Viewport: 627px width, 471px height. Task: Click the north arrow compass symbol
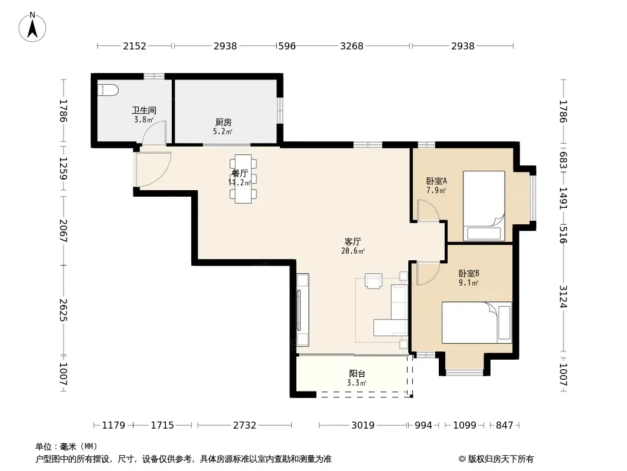tap(32, 27)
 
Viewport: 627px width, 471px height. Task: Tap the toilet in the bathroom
tap(108, 90)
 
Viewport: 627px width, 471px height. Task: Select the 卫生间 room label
tap(144, 110)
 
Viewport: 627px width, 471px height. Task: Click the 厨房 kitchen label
tap(223, 122)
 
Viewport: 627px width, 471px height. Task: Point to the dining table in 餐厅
tap(243, 179)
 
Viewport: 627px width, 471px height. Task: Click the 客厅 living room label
tap(353, 242)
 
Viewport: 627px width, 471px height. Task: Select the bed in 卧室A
tap(484, 206)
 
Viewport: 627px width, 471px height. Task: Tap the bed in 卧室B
tap(476, 323)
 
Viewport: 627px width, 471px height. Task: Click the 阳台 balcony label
tap(357, 374)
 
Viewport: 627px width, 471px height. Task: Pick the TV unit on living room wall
tap(303, 310)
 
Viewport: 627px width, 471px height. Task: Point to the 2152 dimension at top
tap(134, 46)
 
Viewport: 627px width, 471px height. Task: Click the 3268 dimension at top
tap(352, 46)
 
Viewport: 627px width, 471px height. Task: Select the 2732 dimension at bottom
tap(244, 425)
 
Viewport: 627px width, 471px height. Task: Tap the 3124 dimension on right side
tap(563, 297)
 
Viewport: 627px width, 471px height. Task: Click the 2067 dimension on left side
tap(63, 231)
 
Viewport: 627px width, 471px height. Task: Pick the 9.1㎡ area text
tap(469, 283)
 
